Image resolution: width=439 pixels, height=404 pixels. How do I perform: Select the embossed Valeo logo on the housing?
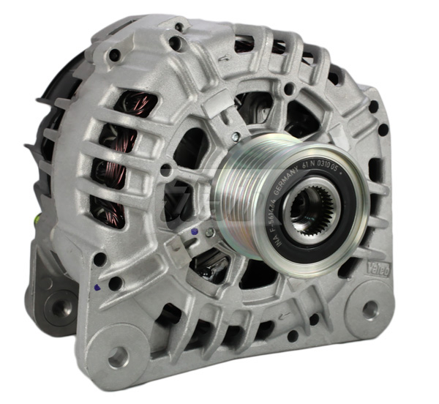382,257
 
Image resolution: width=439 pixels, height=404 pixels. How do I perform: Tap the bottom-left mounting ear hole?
116,356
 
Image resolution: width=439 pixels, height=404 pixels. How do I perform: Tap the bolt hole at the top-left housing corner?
115,56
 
